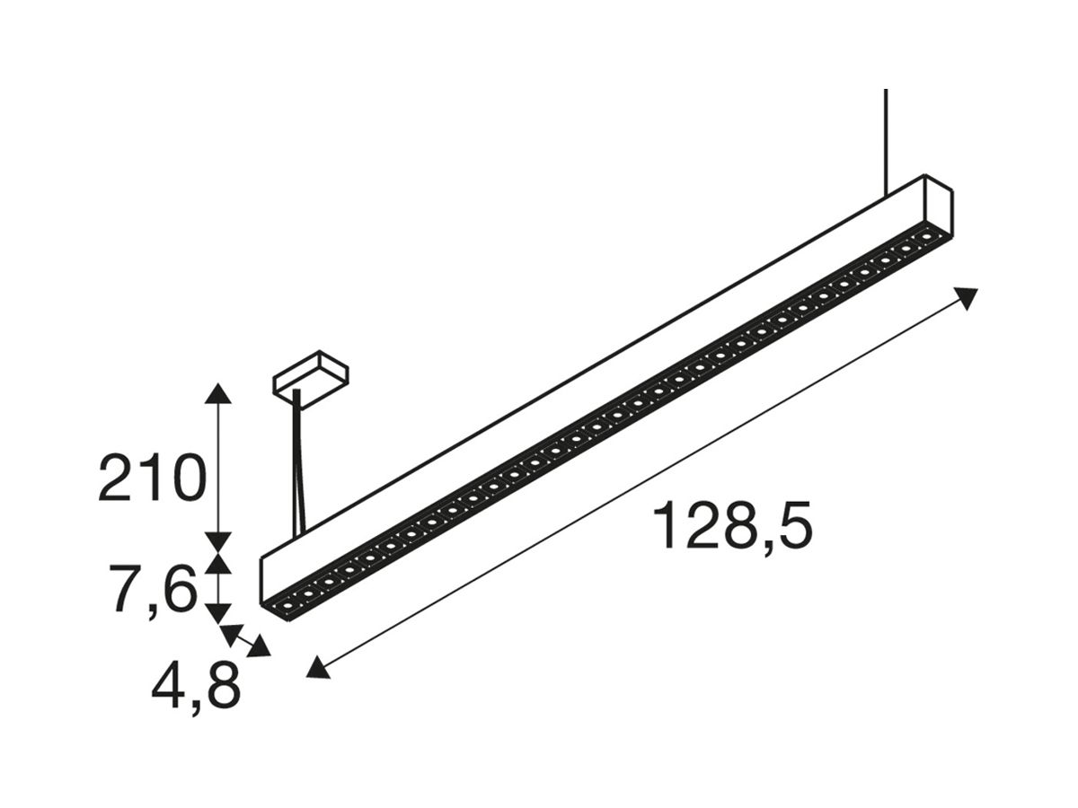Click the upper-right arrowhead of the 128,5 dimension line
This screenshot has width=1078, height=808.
click(967, 297)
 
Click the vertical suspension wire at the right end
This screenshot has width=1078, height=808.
click(886, 139)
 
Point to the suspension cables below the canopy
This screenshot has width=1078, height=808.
click(297, 467)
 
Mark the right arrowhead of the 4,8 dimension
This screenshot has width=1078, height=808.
click(261, 648)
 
